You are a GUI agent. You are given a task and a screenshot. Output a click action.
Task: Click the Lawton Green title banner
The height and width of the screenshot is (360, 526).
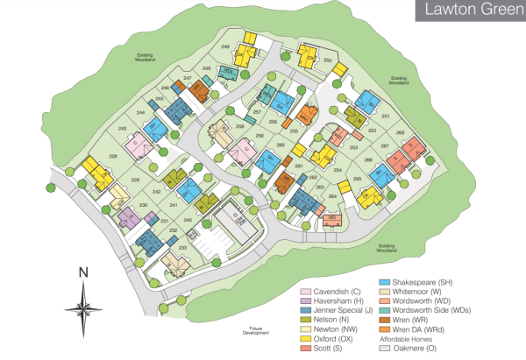point(462,13)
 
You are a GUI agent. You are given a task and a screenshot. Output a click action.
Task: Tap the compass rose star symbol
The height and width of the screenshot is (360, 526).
point(84,308)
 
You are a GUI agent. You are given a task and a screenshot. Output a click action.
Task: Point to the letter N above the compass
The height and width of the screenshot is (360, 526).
point(84,272)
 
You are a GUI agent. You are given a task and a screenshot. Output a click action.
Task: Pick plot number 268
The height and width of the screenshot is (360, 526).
point(400,132)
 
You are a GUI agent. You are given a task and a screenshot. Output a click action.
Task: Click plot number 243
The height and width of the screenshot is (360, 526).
point(123,129)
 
